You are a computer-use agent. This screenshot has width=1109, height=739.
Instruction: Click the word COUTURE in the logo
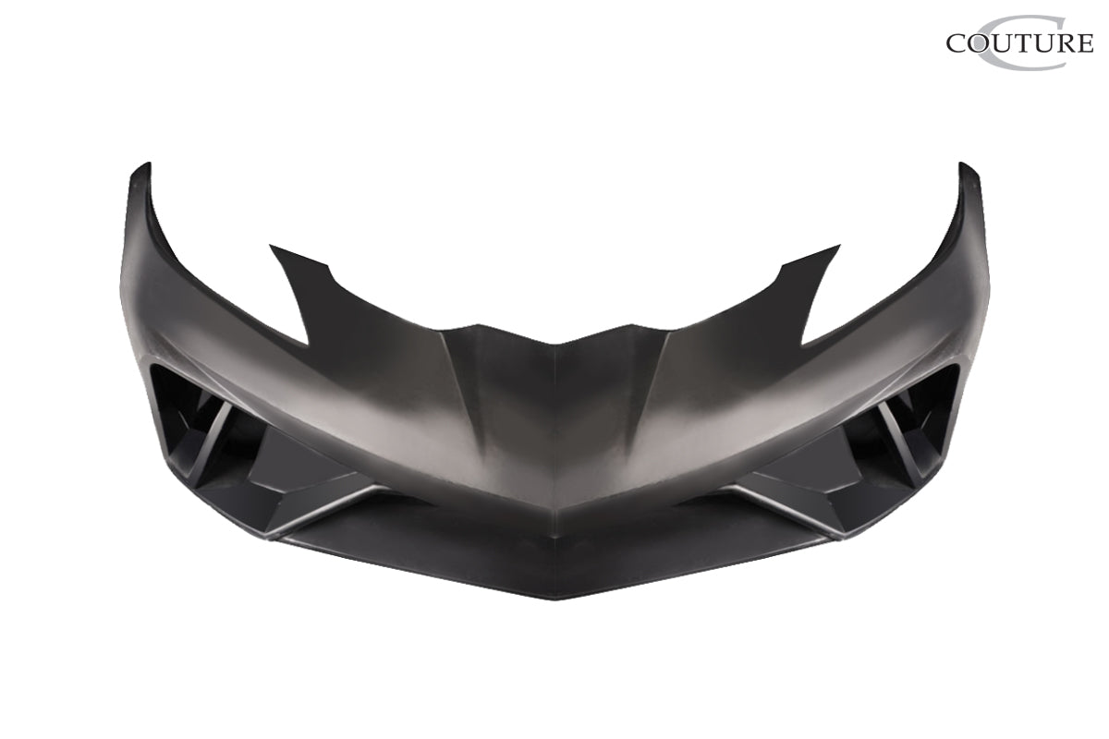[1019, 42]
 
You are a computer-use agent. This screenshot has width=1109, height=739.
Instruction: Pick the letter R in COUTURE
[1066, 42]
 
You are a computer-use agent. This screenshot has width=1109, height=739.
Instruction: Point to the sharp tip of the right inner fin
[837, 247]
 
